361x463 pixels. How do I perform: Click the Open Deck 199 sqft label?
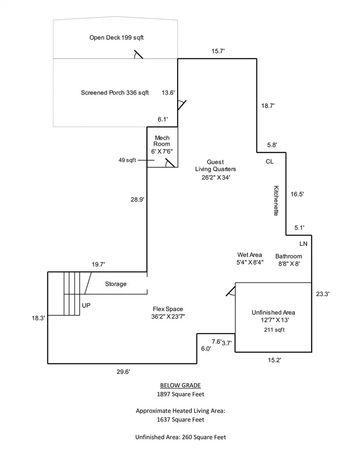click(116, 38)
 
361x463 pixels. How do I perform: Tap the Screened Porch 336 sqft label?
click(115, 93)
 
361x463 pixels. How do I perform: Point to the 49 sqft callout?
click(127, 160)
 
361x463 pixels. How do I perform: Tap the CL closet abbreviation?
click(270, 162)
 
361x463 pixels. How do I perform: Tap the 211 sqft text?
click(273, 329)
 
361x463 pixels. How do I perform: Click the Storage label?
click(116, 284)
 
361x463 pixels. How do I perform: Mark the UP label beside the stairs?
click(86, 305)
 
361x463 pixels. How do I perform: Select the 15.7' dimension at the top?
click(218, 52)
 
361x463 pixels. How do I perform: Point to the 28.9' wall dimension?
click(137, 199)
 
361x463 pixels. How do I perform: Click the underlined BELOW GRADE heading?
click(180, 385)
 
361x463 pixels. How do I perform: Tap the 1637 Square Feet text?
click(180, 420)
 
